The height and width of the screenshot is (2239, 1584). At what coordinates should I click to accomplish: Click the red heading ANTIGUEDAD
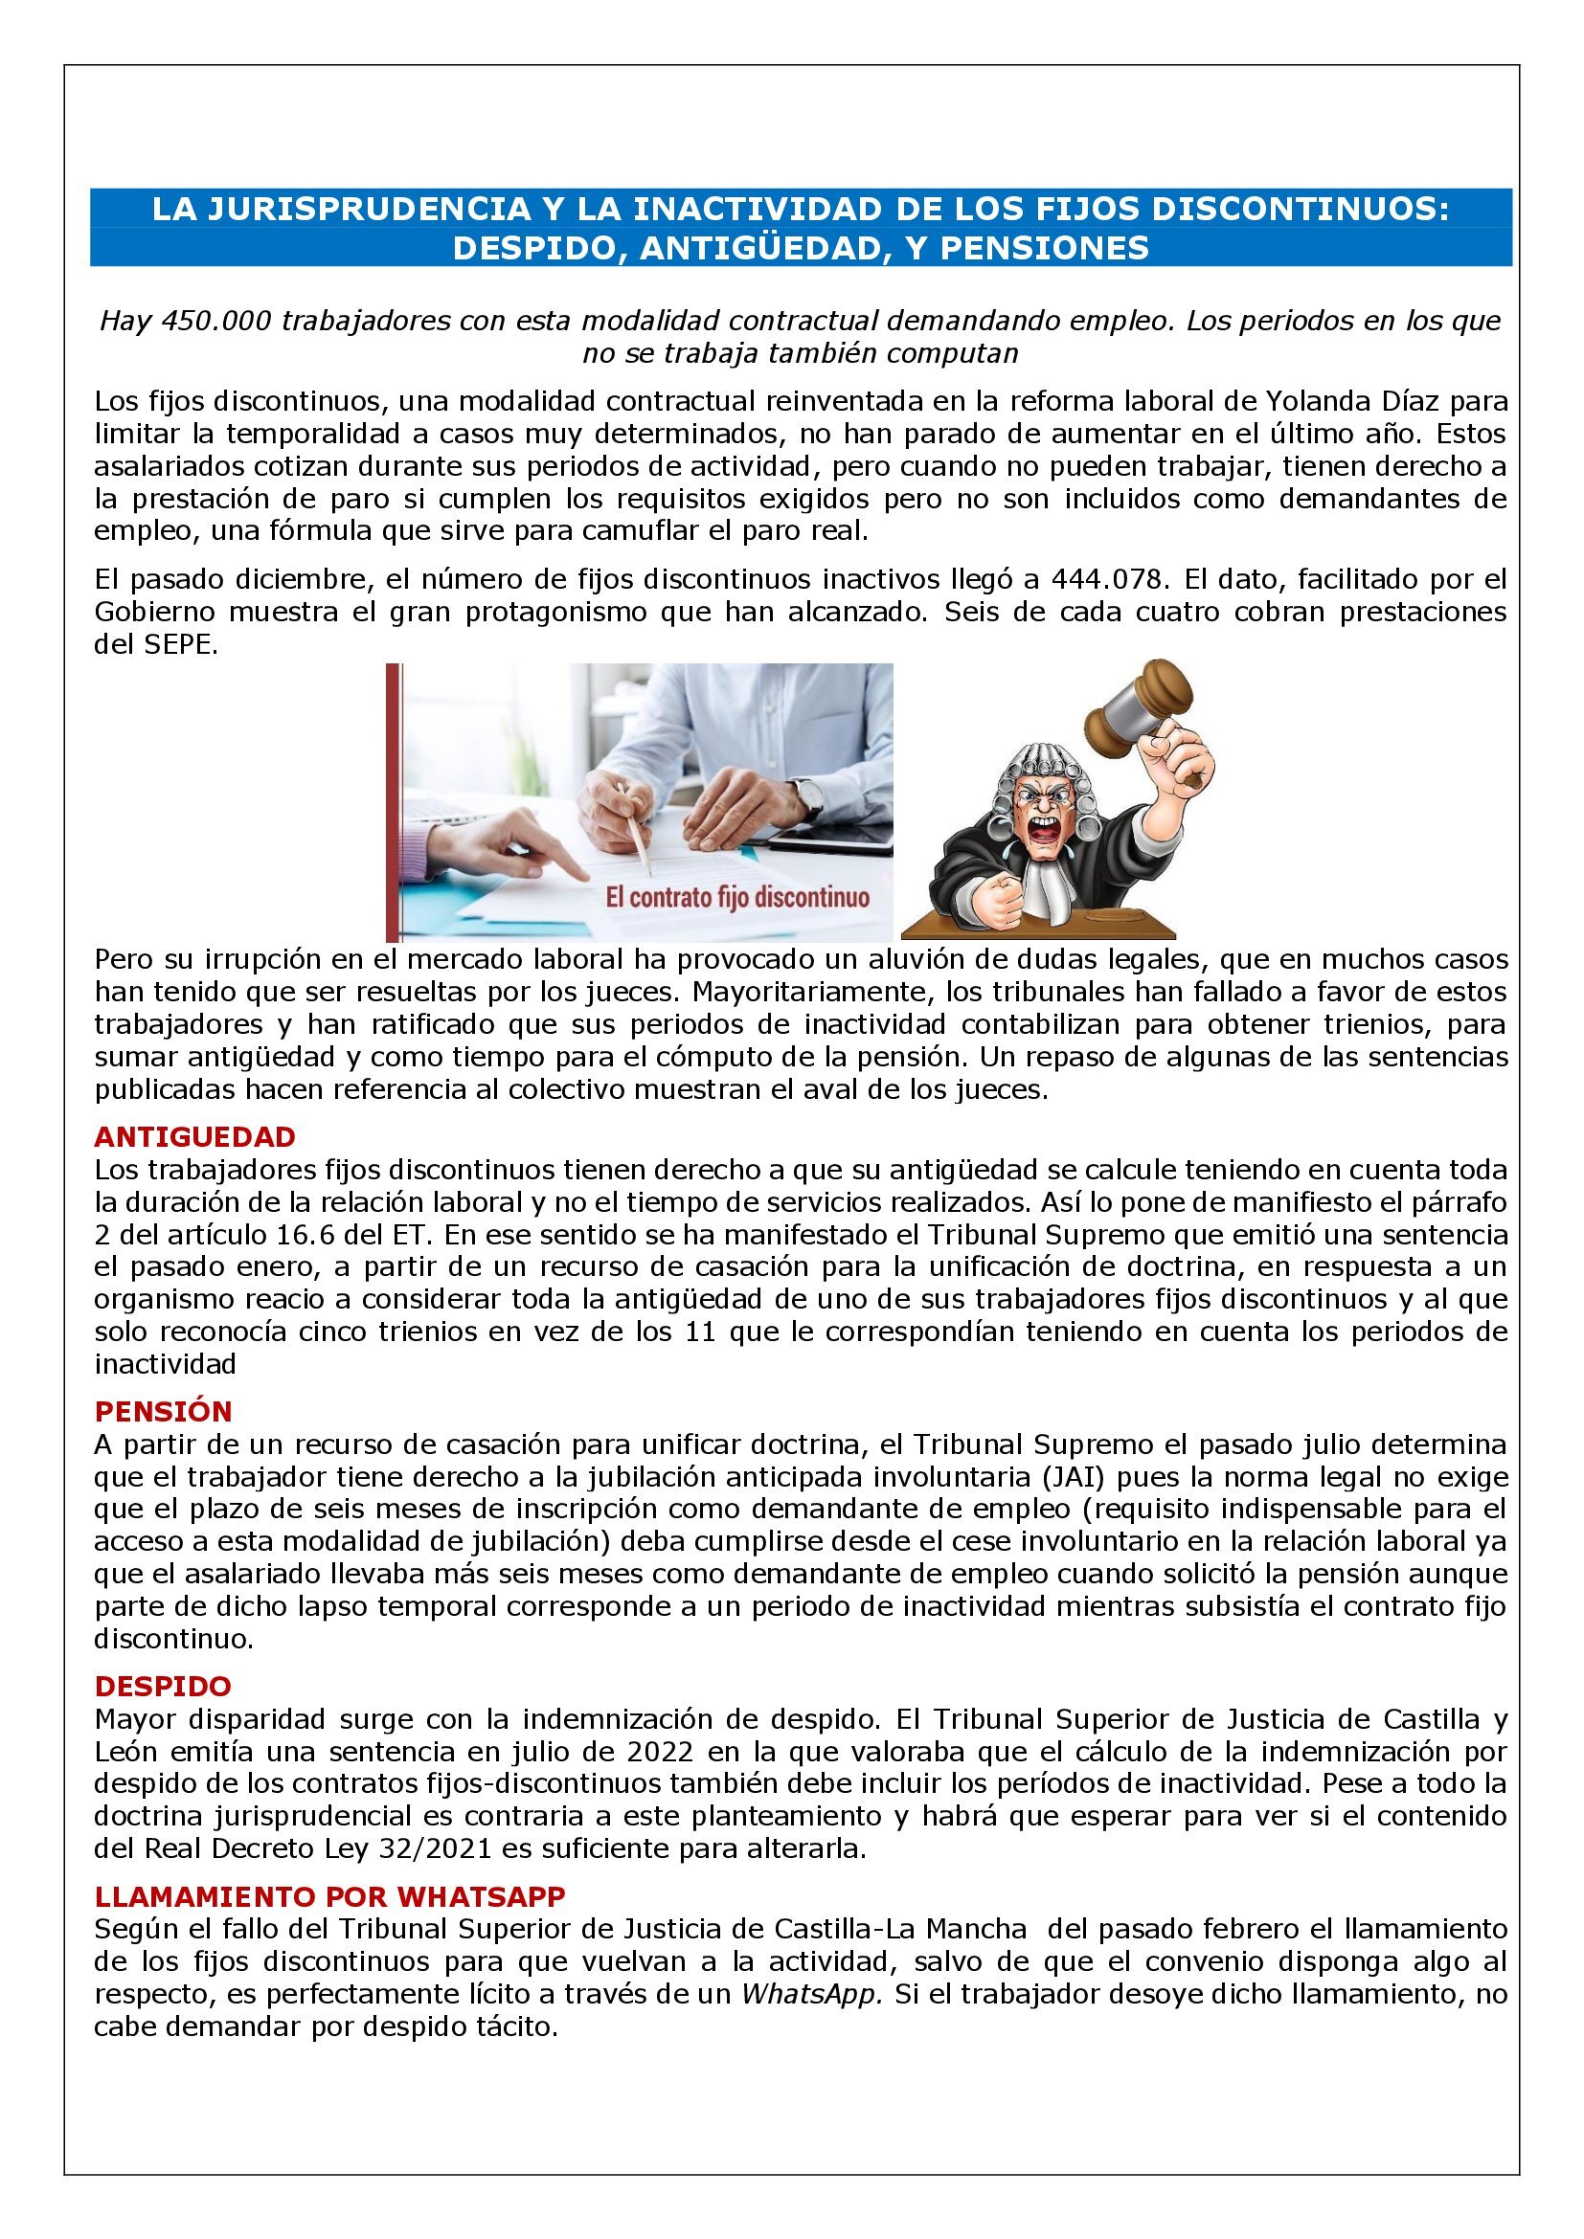tap(194, 1137)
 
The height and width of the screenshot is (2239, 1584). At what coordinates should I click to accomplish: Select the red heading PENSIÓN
tap(163, 1411)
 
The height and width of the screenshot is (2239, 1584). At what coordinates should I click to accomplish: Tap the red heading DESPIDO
tap(163, 1686)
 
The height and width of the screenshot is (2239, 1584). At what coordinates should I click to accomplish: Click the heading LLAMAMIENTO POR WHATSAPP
tap(329, 1895)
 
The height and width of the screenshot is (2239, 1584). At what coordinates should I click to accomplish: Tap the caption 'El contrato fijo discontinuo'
tap(737, 897)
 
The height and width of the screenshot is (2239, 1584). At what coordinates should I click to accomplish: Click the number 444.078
tap(1107, 579)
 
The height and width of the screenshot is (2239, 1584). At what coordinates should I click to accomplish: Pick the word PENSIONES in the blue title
tap(1045, 248)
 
